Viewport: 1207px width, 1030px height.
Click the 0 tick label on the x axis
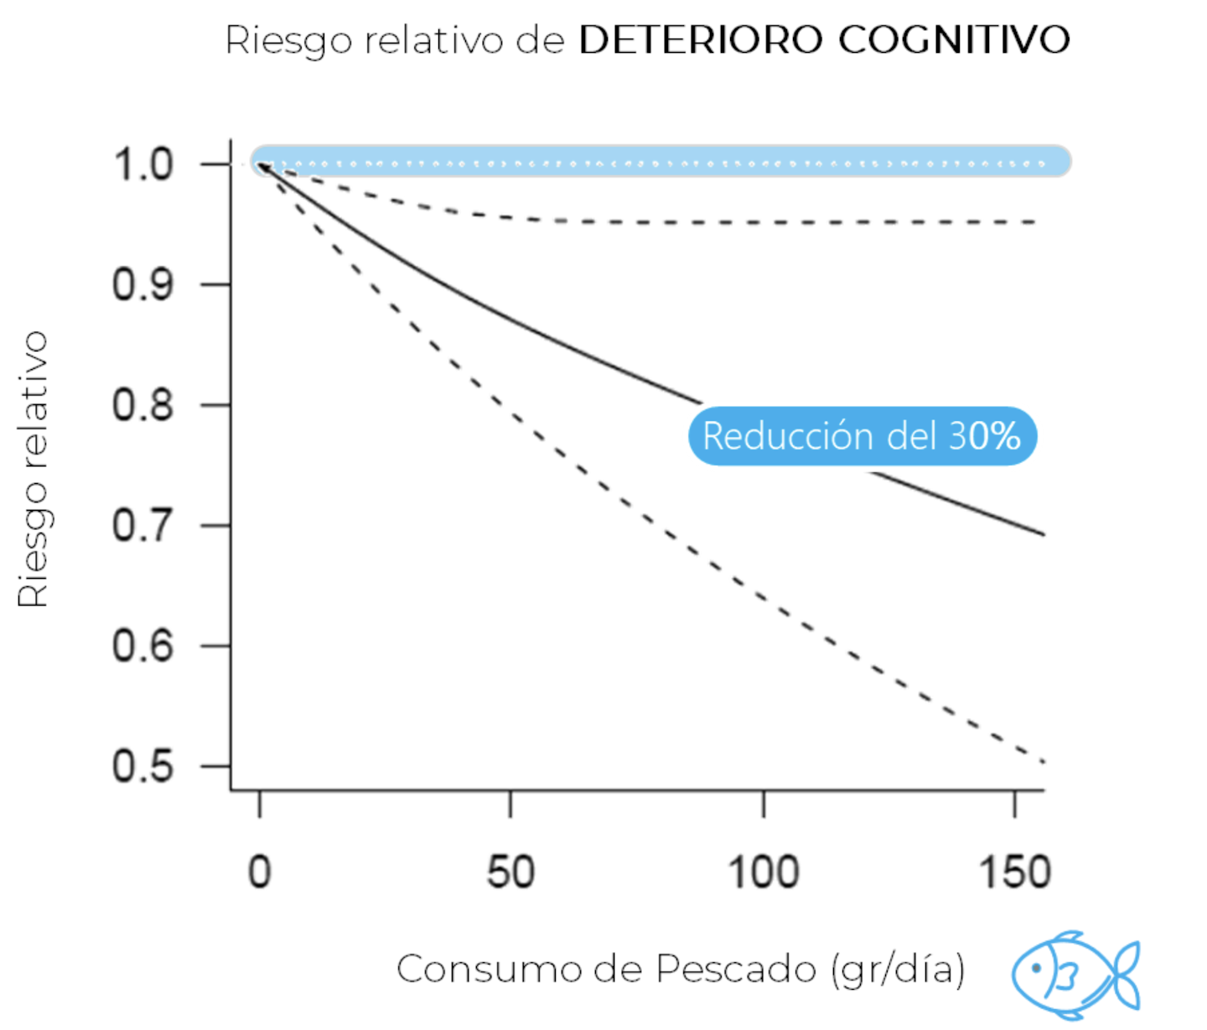[260, 872]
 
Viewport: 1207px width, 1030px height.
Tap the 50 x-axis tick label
[510, 872]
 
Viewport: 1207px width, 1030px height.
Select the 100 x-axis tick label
[763, 872]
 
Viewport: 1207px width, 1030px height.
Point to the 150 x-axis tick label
[1014, 872]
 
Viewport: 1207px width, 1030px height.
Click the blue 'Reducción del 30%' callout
[862, 436]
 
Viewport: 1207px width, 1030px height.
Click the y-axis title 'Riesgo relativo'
[34, 470]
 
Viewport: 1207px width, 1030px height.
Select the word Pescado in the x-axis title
[735, 970]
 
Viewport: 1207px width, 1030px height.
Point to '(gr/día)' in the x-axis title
[898, 970]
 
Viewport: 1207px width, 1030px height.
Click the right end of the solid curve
[1043, 534]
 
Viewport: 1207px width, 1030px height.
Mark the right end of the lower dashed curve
[1043, 762]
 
